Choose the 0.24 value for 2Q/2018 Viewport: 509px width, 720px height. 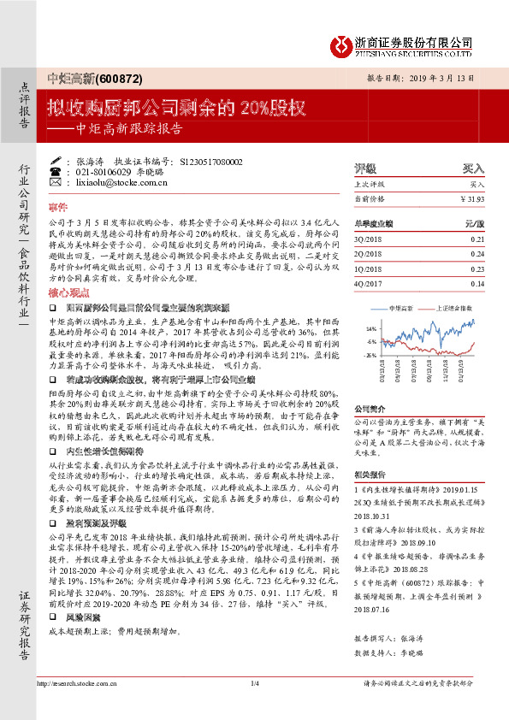(x=477, y=254)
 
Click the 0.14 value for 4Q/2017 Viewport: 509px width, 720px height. (x=477, y=283)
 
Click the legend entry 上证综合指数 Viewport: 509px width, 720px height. (x=453, y=306)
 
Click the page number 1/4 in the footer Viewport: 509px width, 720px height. (x=254, y=682)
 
